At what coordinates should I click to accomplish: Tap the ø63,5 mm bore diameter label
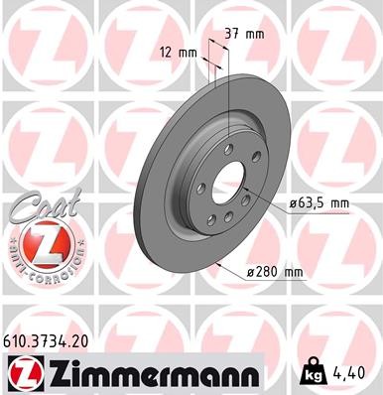(x=319, y=203)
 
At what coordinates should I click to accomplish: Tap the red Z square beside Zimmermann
(x=24, y=374)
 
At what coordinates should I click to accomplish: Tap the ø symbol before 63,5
(x=294, y=203)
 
